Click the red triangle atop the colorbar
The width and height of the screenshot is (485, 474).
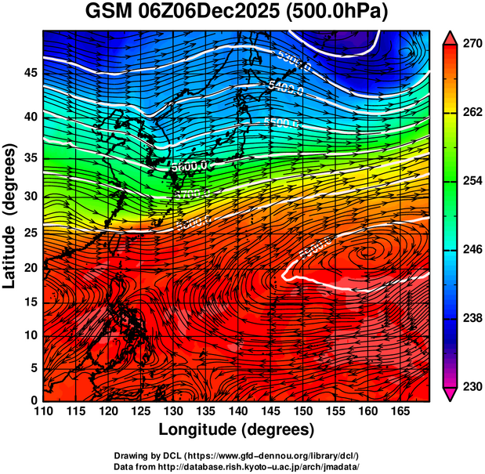(450, 37)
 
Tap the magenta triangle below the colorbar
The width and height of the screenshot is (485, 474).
(450, 394)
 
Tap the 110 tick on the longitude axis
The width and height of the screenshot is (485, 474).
(43, 411)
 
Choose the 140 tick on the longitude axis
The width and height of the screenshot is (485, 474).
(237, 411)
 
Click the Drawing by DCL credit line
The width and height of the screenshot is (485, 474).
(236, 456)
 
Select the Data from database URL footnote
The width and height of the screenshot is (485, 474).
(236, 466)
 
